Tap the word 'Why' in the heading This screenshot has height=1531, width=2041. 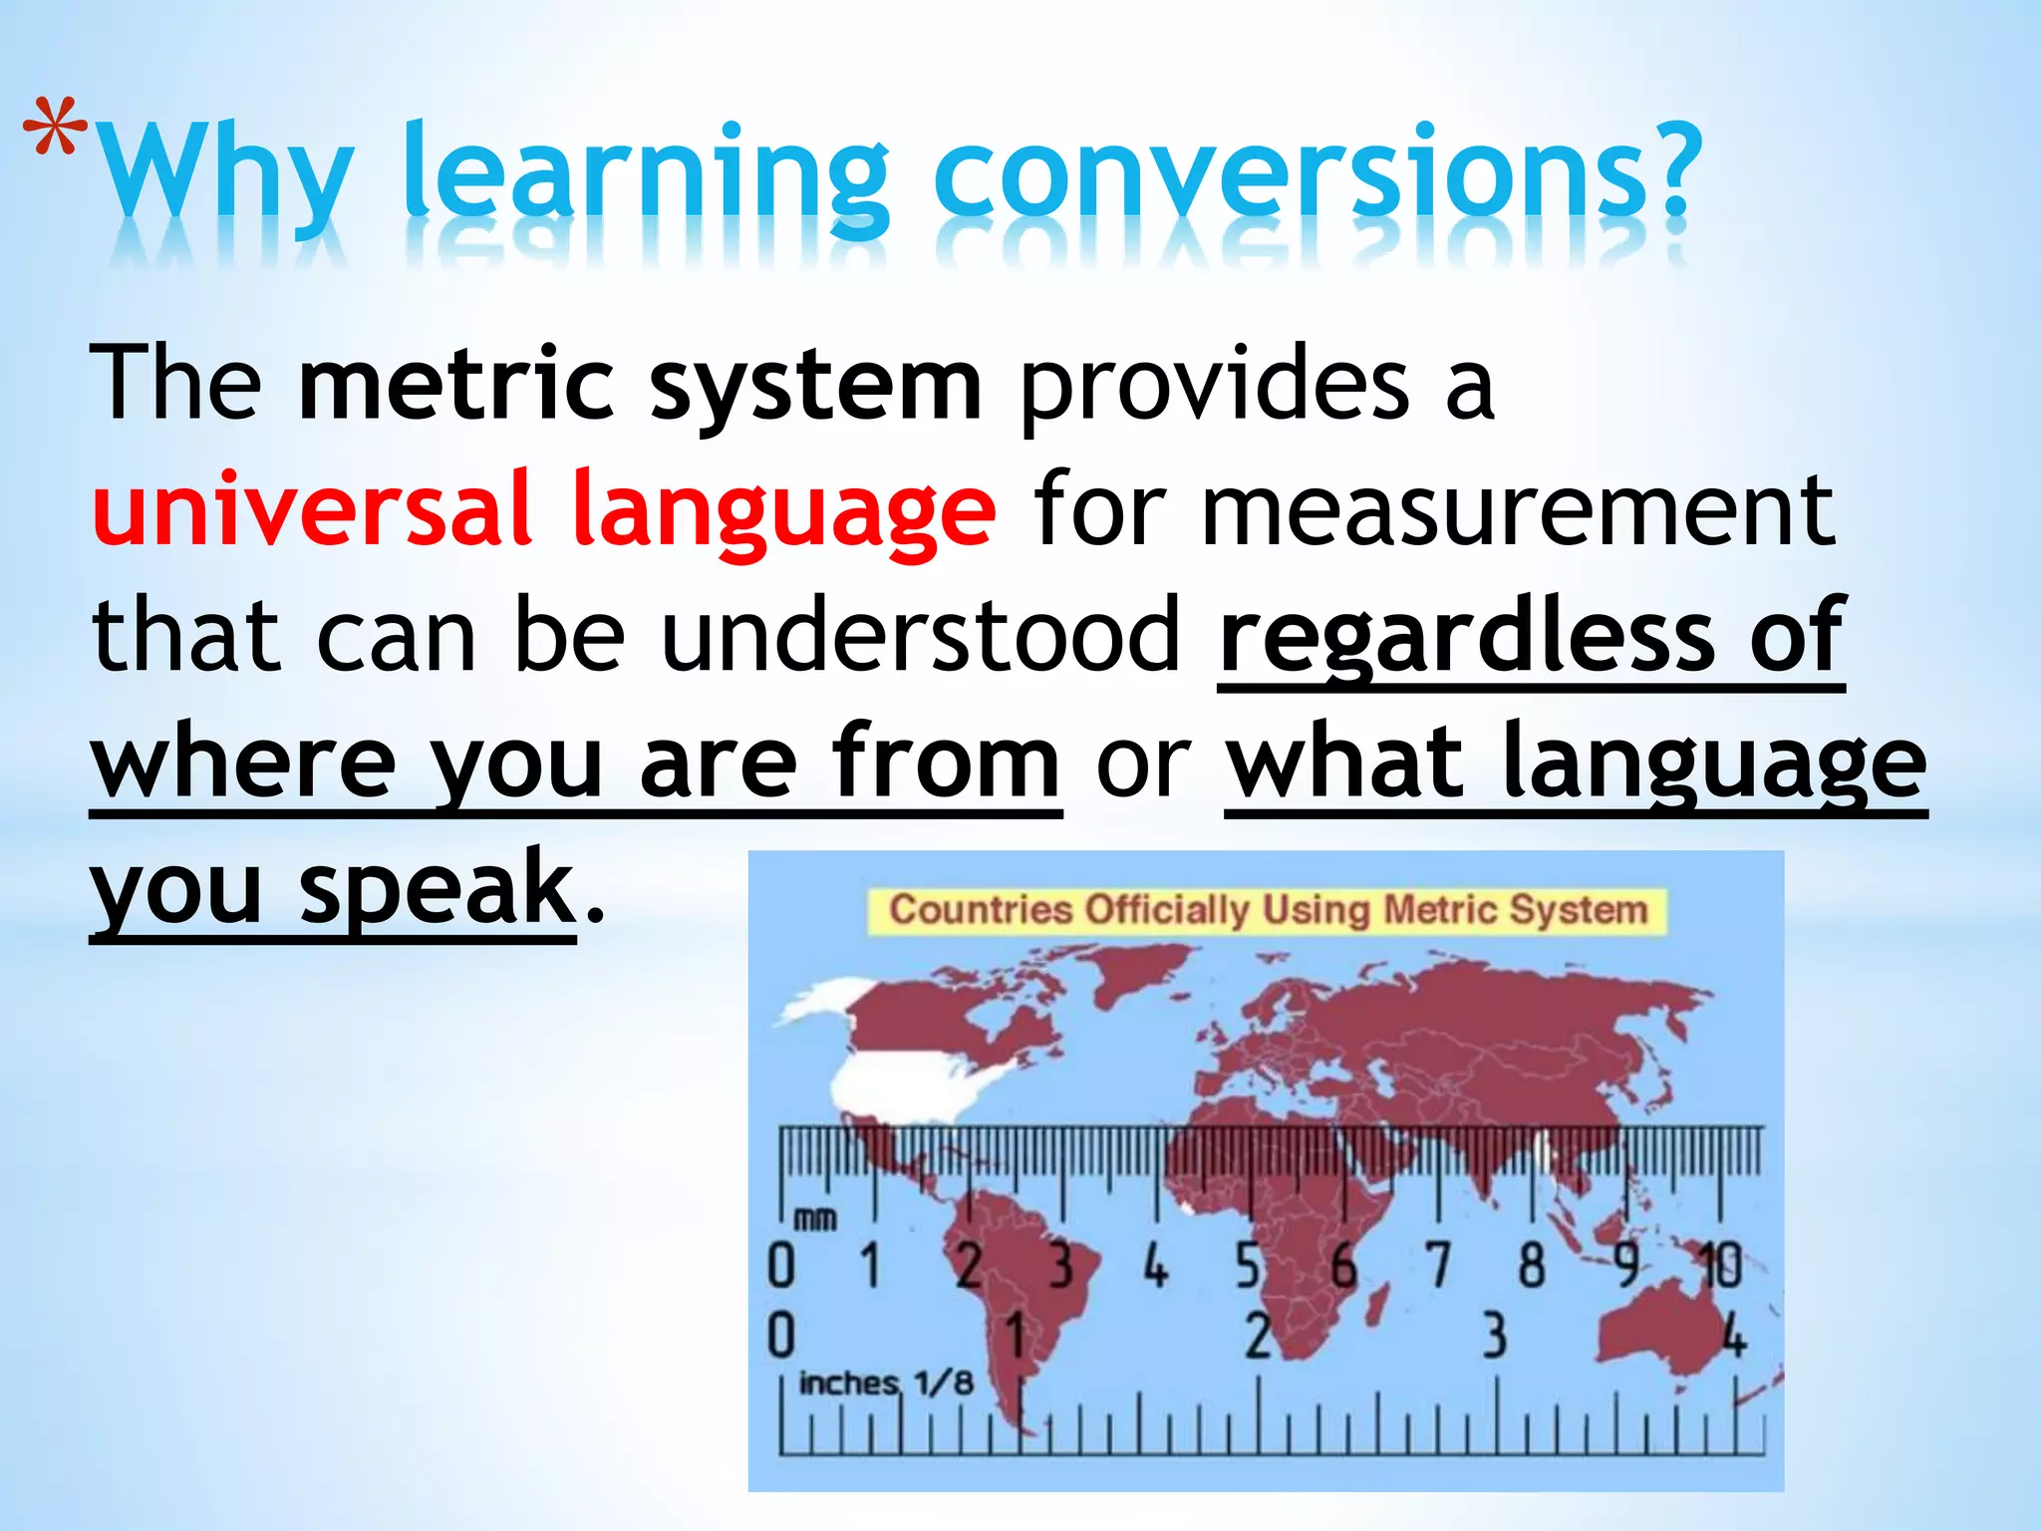pos(227,174)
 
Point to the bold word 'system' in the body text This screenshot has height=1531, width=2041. pos(815,389)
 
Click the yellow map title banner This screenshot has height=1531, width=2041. pos(1267,910)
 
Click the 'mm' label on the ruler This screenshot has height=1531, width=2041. pos(815,1218)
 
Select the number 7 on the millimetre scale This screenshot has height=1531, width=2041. pos(1438,1265)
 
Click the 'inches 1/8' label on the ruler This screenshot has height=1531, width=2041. pos(885,1382)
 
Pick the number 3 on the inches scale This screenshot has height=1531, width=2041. pos(1494,1336)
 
